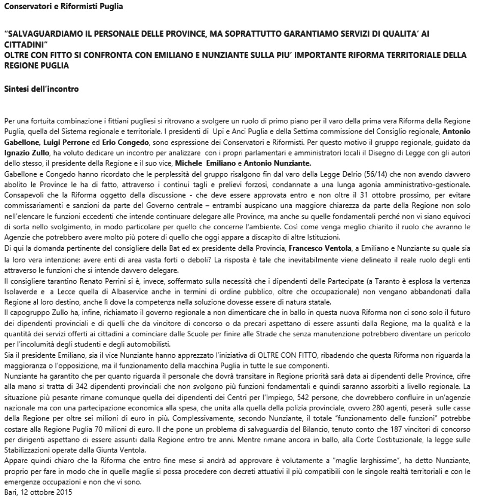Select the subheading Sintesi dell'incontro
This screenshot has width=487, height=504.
click(41, 89)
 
